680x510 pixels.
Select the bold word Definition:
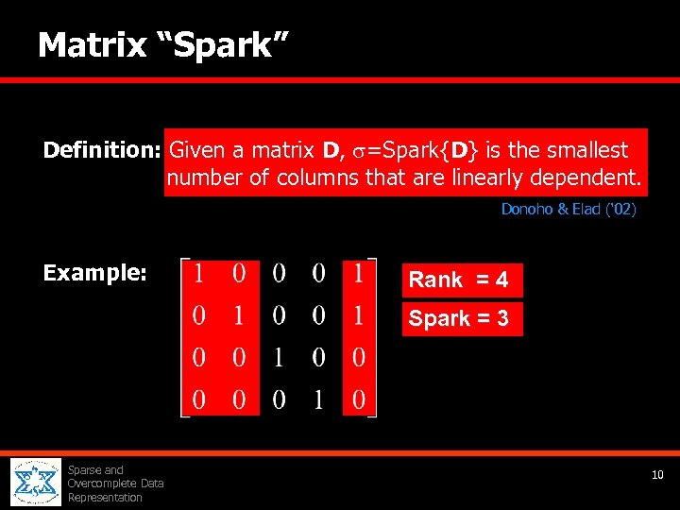point(102,150)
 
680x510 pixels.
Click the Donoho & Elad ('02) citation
point(569,209)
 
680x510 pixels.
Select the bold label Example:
point(94,274)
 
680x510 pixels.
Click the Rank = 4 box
point(459,280)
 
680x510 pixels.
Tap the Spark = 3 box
point(459,318)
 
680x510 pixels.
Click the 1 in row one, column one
point(199,274)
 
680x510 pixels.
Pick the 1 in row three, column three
point(280,358)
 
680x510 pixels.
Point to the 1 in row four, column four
point(319,400)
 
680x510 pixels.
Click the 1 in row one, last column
point(358,274)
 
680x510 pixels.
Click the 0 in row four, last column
point(358,400)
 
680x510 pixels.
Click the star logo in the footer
point(36,483)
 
